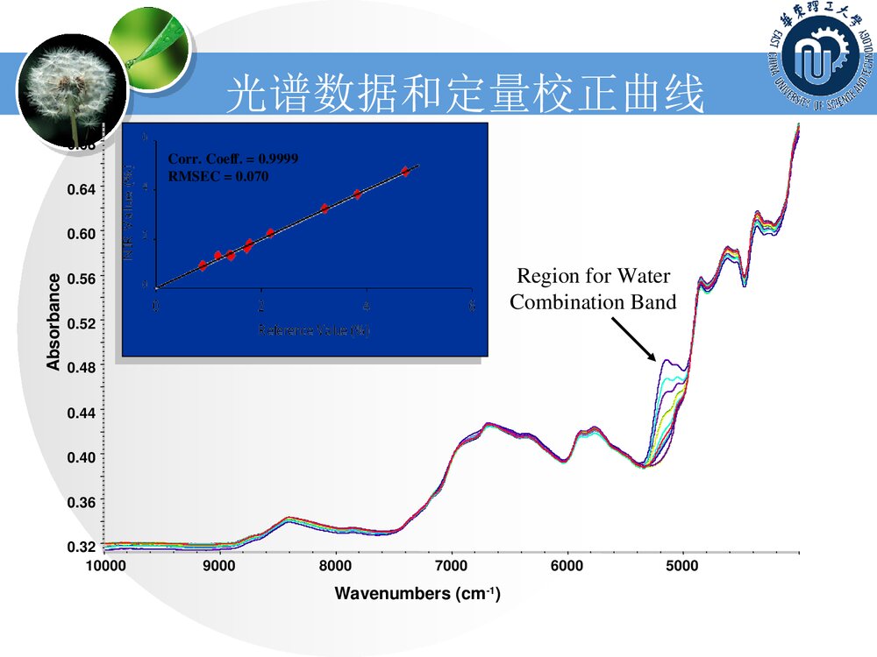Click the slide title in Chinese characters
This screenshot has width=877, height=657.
(465, 95)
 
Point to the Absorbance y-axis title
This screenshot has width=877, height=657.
(54, 321)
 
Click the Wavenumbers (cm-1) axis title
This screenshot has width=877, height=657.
(417, 594)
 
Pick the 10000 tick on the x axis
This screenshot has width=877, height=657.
(104, 566)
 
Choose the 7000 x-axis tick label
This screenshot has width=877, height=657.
(452, 566)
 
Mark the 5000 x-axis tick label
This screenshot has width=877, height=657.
(682, 566)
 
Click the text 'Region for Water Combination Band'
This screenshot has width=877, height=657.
(594, 289)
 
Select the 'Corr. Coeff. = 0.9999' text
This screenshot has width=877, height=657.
(233, 159)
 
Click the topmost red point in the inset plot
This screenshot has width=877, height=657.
(405, 172)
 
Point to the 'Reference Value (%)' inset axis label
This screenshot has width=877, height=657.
(313, 330)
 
